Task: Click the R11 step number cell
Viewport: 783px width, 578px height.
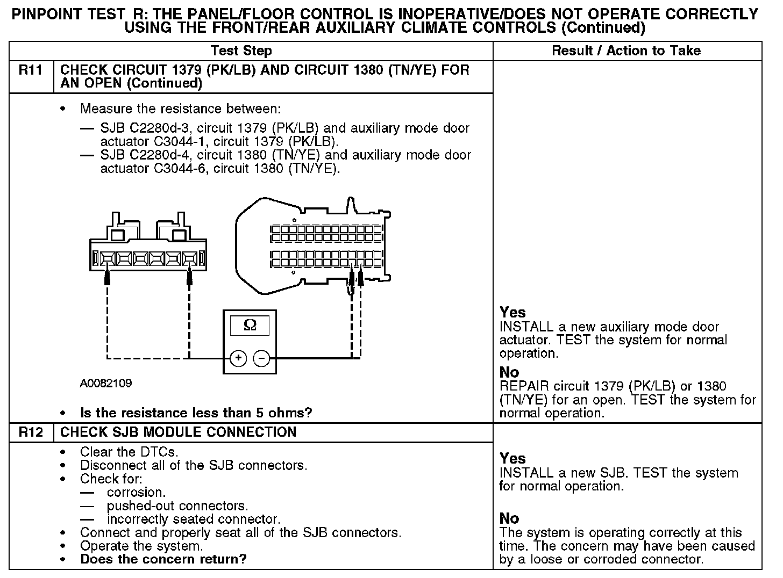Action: [31, 70]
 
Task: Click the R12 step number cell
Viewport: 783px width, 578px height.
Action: [31, 432]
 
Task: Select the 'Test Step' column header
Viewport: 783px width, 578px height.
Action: [241, 51]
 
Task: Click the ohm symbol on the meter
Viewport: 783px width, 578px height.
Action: [250, 325]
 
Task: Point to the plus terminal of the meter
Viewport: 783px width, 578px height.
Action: [238, 358]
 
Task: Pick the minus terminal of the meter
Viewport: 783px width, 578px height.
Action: [261, 358]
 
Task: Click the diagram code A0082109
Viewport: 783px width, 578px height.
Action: [106, 384]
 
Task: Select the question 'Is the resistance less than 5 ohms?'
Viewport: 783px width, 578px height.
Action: [196, 413]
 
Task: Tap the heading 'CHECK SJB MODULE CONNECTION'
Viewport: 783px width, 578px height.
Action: [179, 432]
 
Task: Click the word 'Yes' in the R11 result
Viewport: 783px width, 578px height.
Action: [512, 312]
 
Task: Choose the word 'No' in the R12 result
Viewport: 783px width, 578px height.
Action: [509, 518]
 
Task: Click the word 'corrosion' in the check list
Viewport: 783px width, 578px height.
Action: [136, 493]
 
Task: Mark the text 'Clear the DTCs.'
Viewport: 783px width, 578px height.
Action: [129, 452]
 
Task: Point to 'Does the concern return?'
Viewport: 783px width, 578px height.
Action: [163, 559]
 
